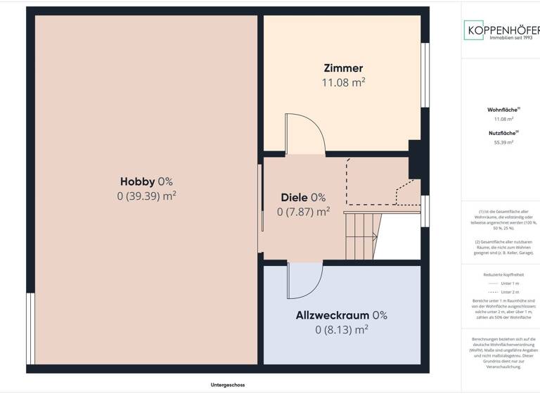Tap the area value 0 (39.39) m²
146,196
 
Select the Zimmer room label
343,68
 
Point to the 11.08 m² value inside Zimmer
343,82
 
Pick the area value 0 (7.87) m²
303,211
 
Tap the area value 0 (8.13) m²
341,329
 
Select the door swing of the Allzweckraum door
304,281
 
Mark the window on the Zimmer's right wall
425,75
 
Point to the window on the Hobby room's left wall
30,328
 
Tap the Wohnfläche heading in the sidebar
503,110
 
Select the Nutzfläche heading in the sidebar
503,132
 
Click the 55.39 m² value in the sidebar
503,142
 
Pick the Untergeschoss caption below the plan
227,385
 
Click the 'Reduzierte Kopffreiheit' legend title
503,274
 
